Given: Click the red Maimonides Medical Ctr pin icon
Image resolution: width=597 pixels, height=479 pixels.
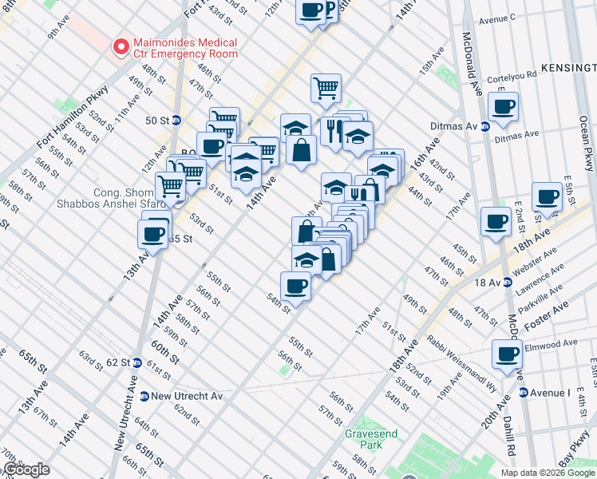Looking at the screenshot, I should point(122,48).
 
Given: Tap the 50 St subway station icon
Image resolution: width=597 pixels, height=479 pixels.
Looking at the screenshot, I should point(176,121).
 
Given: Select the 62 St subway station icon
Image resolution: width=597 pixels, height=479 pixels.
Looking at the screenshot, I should point(136,362).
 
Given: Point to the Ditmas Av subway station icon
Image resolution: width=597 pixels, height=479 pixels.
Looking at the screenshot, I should point(484,126).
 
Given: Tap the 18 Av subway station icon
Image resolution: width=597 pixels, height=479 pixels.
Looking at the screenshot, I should point(507,283).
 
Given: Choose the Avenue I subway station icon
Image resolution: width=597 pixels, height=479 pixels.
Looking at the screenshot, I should point(524,392).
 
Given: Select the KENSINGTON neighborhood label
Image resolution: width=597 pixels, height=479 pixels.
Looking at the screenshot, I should point(569,67).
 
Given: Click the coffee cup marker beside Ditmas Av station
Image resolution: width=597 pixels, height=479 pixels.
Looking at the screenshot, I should point(504,107).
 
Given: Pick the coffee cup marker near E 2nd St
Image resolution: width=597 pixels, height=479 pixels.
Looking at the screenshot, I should point(548,196).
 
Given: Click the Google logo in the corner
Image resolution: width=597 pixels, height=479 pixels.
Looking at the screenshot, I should point(26,469).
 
